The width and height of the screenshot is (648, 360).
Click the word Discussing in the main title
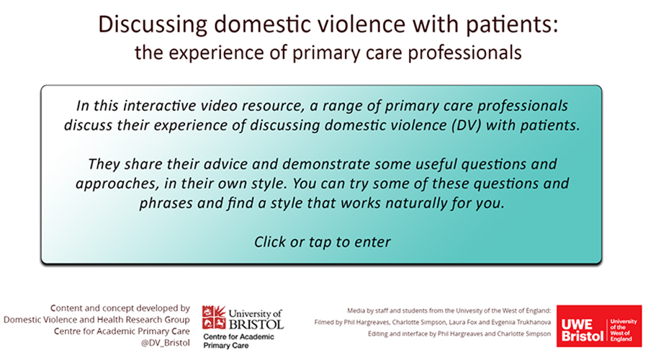click(153, 25)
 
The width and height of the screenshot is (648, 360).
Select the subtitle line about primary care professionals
click(328, 53)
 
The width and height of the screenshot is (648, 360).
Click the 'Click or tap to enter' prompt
click(322, 242)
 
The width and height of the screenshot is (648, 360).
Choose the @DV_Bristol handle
click(166, 343)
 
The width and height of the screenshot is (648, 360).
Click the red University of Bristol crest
click(214, 318)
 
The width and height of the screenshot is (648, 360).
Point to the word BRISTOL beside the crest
click(256, 324)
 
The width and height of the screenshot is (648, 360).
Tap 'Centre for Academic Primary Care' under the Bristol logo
click(238, 341)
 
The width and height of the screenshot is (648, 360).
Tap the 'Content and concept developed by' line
click(120, 308)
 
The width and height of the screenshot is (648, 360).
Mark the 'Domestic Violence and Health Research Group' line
click(96, 320)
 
